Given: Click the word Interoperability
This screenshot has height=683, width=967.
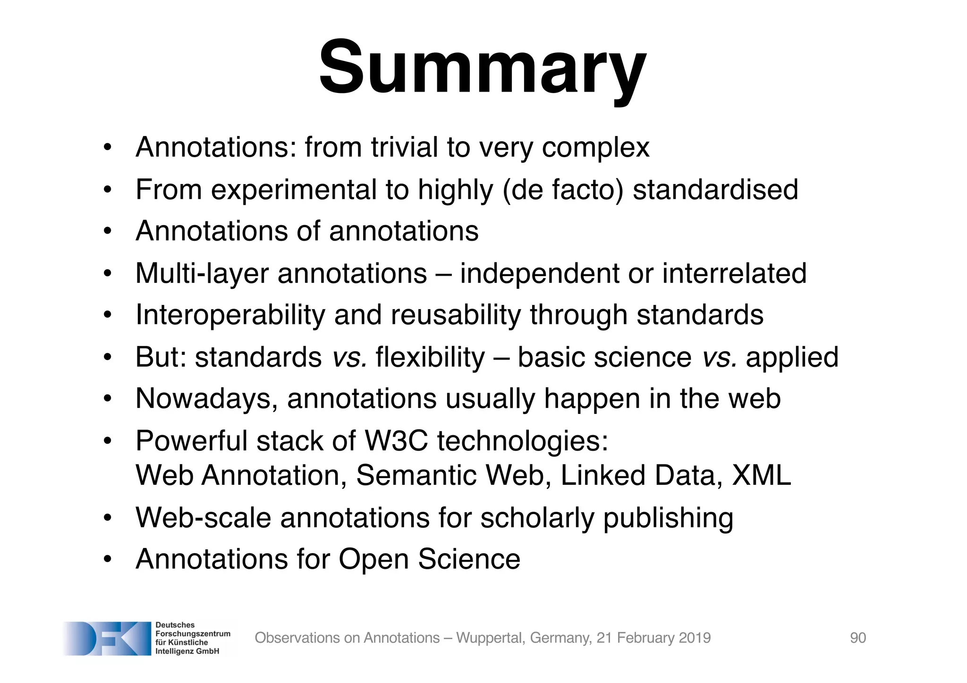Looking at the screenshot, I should [230, 315].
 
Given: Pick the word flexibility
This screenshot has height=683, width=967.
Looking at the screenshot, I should [430, 357].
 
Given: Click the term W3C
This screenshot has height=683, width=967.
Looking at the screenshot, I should [396, 441].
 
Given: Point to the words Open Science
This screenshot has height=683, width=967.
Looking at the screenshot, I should [429, 559].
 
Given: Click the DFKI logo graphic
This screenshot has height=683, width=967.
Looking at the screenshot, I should [107, 638].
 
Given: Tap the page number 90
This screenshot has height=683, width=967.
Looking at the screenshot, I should [857, 638].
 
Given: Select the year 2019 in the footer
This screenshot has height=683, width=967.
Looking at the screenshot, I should [694, 638].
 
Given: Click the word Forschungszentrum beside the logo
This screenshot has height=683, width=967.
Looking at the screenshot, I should [193, 633].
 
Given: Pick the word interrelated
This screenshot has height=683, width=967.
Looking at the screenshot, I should [734, 273].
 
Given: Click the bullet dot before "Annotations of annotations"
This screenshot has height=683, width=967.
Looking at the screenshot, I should [108, 232].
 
